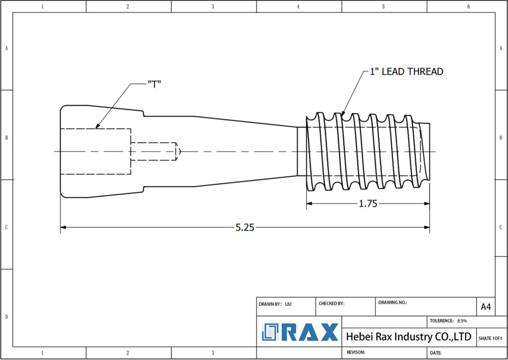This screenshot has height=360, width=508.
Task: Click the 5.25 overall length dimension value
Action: (245, 227)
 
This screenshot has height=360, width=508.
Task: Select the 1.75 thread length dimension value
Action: (368, 204)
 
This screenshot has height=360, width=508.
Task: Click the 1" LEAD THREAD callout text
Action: (406, 72)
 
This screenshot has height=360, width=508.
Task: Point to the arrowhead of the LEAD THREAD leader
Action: (342, 116)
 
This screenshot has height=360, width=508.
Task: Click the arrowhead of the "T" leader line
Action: (96, 128)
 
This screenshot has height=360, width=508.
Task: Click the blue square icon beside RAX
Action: (271, 332)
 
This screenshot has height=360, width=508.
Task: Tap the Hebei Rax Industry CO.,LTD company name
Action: (408, 337)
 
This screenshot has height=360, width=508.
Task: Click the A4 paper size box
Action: (486, 307)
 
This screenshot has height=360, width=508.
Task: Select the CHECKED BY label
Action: (330, 303)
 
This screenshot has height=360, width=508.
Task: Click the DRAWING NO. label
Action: (392, 302)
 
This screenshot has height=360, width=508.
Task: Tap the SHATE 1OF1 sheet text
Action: (491, 338)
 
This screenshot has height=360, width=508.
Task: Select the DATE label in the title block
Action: (436, 353)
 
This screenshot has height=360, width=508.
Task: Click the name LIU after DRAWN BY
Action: (289, 303)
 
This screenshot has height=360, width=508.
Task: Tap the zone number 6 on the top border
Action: (468, 6)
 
